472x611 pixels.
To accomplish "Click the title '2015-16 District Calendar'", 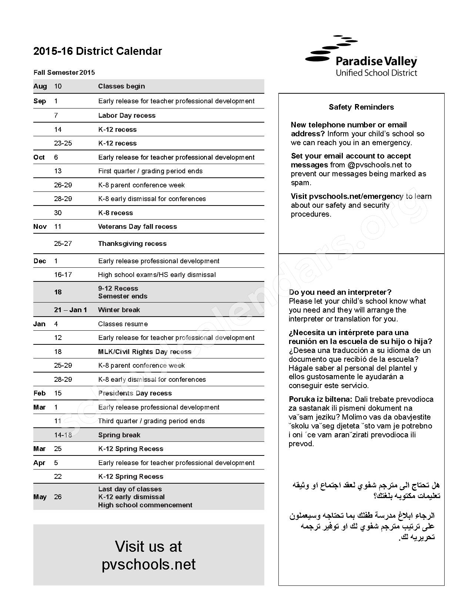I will [x=98, y=51].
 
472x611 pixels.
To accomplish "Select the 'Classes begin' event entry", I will [x=121, y=86].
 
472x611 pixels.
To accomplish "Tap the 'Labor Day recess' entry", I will [x=127, y=116].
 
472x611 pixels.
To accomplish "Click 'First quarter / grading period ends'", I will [x=150, y=171].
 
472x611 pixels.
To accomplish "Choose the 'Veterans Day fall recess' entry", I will [x=137, y=227].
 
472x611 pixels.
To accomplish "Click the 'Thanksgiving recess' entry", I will [x=132, y=244].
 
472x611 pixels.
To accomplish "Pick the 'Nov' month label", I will [x=40, y=227].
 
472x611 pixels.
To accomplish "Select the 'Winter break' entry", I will [x=119, y=310].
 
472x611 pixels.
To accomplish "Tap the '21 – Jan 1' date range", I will [x=70, y=310].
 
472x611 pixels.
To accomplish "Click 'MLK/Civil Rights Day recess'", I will [x=145, y=352].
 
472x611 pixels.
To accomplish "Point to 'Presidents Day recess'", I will [x=135, y=393].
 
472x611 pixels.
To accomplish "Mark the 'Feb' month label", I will [x=39, y=393].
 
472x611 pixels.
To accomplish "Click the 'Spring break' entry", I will [x=119, y=435].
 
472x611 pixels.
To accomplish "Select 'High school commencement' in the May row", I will [x=145, y=505].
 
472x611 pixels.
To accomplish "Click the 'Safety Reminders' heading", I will [x=361, y=107].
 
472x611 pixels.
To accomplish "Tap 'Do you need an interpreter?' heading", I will [x=340, y=292].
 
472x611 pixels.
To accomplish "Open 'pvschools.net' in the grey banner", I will [x=148, y=564].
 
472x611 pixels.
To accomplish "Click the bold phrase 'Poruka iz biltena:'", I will [x=321, y=399].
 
